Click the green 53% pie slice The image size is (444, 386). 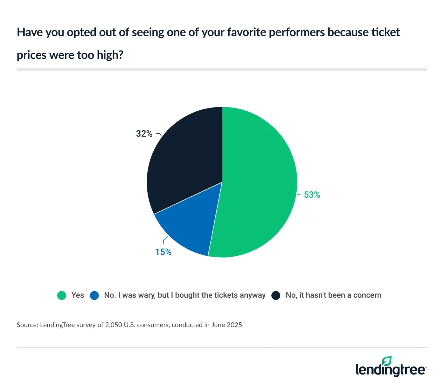tap(257, 182)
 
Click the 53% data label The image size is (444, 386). tap(312, 195)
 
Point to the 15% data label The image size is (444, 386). tap(163, 252)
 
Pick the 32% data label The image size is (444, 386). tap(144, 134)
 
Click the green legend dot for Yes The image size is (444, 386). tap(62, 295)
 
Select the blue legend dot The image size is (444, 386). tap(94, 295)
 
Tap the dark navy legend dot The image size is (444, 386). tap(276, 295)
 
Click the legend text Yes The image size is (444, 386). tap(77, 295)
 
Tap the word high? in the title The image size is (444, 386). tap(110, 55)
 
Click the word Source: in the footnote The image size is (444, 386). tap(27, 325)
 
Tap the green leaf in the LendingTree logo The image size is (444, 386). tap(387, 361)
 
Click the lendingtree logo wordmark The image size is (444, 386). tap(390, 370)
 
